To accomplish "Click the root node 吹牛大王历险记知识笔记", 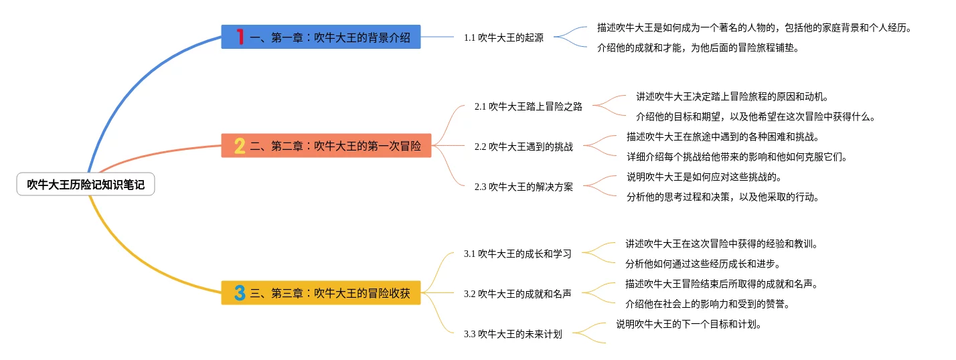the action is (86, 184).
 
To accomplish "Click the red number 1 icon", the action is (240, 37).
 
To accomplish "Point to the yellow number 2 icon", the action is (239, 145).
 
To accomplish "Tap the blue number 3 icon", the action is (239, 292).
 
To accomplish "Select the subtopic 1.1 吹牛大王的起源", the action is (503, 37).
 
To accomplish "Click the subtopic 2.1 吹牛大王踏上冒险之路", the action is (528, 106).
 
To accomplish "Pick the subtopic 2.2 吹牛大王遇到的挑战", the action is (524, 147).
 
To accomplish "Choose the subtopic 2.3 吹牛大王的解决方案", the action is (524, 187).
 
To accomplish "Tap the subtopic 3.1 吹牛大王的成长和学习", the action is (517, 254).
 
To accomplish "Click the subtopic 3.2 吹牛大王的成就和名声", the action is (517, 294).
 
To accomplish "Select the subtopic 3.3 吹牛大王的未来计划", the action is (513, 334).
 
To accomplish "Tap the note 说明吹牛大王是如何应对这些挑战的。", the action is (704, 177).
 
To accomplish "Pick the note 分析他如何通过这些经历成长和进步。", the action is (703, 264).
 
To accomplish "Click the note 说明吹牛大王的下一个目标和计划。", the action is (689, 325).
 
